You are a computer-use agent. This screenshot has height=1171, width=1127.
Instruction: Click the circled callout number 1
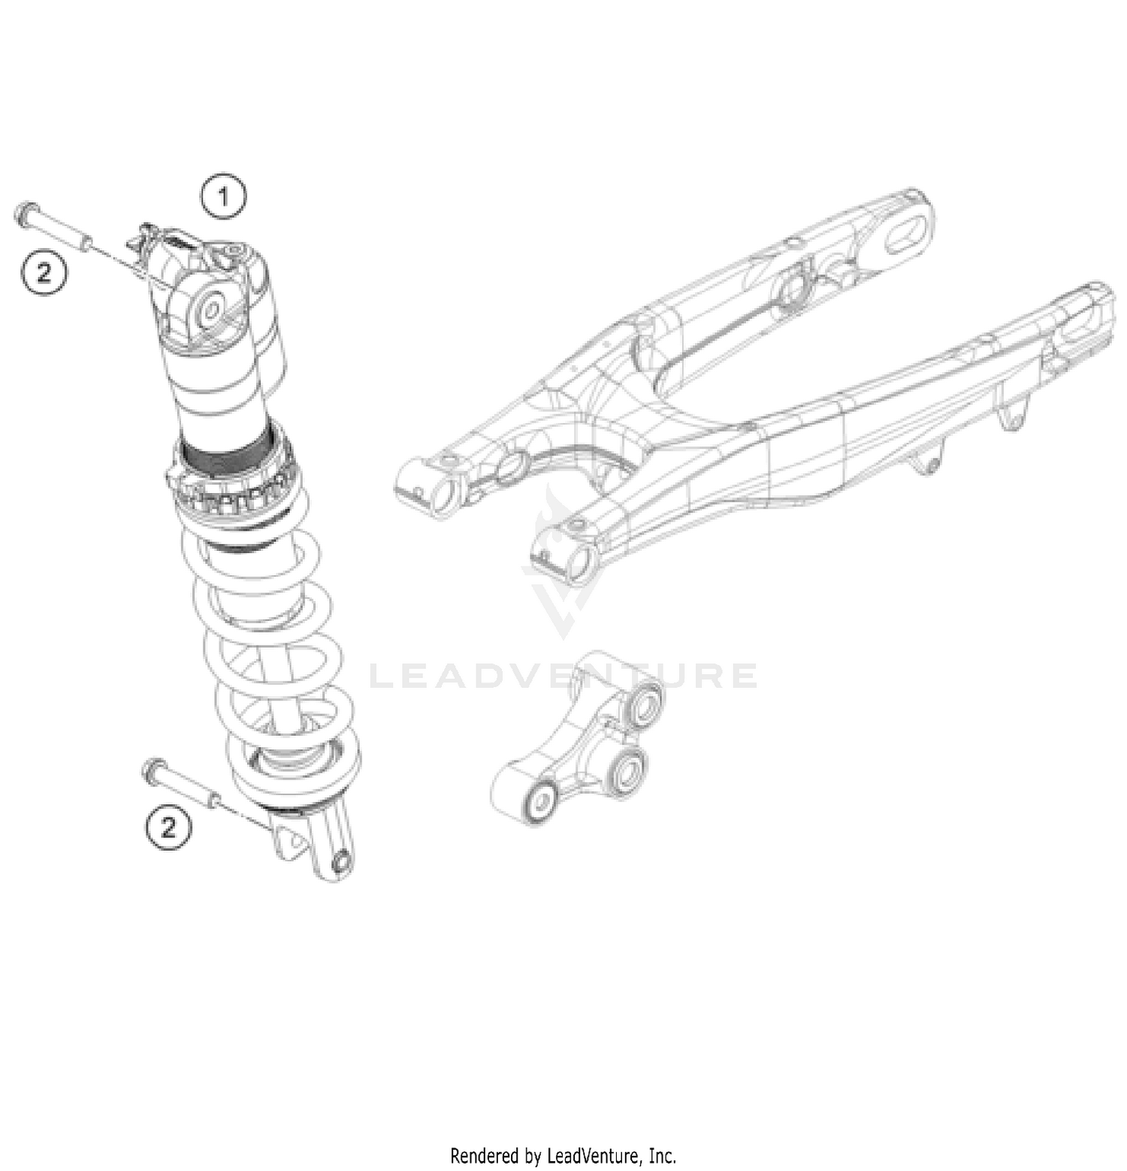222,197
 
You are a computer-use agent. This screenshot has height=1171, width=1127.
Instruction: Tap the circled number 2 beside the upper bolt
44,272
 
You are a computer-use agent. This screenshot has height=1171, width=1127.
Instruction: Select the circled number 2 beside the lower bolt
168,827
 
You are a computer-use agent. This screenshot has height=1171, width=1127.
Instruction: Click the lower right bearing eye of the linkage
627,769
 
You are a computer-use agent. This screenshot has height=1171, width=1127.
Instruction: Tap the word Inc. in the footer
662,1154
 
